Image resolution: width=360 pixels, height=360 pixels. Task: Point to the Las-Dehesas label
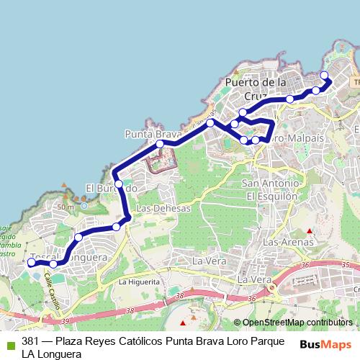click(163, 208)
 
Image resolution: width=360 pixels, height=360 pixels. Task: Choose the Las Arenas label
click(285, 243)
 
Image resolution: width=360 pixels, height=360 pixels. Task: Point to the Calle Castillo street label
click(51, 291)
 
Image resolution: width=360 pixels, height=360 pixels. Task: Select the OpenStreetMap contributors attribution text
click(297, 323)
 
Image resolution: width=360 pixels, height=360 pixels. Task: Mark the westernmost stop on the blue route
click(31, 263)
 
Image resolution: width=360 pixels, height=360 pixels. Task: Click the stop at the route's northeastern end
click(323, 76)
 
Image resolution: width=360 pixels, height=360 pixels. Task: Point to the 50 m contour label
click(66, 207)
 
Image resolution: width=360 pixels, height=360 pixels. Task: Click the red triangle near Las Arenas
click(310, 231)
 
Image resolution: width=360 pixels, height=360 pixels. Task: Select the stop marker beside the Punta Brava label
click(161, 144)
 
